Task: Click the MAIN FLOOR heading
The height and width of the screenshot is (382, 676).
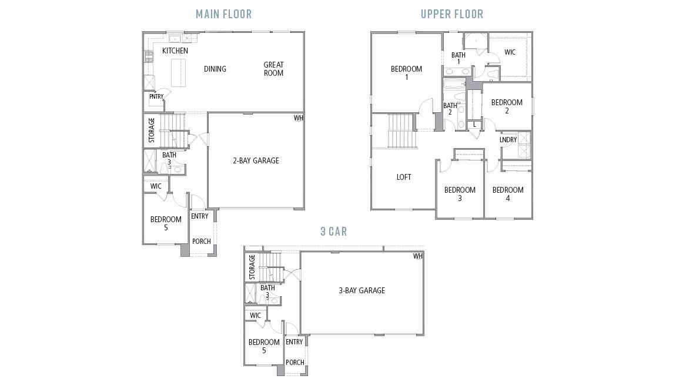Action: pyautogui.click(x=223, y=14)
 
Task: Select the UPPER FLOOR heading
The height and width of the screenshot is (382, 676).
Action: pyautogui.click(x=451, y=14)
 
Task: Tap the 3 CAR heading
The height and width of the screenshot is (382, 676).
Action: pyautogui.click(x=333, y=232)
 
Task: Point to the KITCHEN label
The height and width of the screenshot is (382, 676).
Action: pyautogui.click(x=175, y=51)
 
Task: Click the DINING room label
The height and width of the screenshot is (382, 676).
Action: pyautogui.click(x=215, y=69)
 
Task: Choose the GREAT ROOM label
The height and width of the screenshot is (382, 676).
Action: pyautogui.click(x=273, y=69)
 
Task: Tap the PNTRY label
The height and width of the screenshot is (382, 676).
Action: pyautogui.click(x=156, y=97)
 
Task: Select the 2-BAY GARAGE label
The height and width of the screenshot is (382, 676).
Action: pyautogui.click(x=256, y=160)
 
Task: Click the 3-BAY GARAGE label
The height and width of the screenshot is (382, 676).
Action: pyautogui.click(x=362, y=290)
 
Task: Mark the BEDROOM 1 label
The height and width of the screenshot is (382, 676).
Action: pyautogui.click(x=406, y=73)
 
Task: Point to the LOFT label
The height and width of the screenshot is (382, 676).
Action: pyautogui.click(x=404, y=177)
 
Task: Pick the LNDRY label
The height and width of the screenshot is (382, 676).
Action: pyautogui.click(x=508, y=140)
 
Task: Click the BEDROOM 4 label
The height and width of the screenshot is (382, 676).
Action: pyautogui.click(x=508, y=194)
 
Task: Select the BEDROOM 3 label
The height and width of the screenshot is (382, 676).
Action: pyautogui.click(x=460, y=194)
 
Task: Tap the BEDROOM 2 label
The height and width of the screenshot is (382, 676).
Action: pyautogui.click(x=507, y=106)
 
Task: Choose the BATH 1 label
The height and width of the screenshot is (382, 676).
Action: pyautogui.click(x=459, y=58)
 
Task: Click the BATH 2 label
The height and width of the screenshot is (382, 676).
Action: pyautogui.click(x=450, y=109)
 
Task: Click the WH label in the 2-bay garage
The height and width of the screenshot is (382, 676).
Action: pyautogui.click(x=299, y=118)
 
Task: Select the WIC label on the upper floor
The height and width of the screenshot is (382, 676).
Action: pyautogui.click(x=510, y=52)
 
